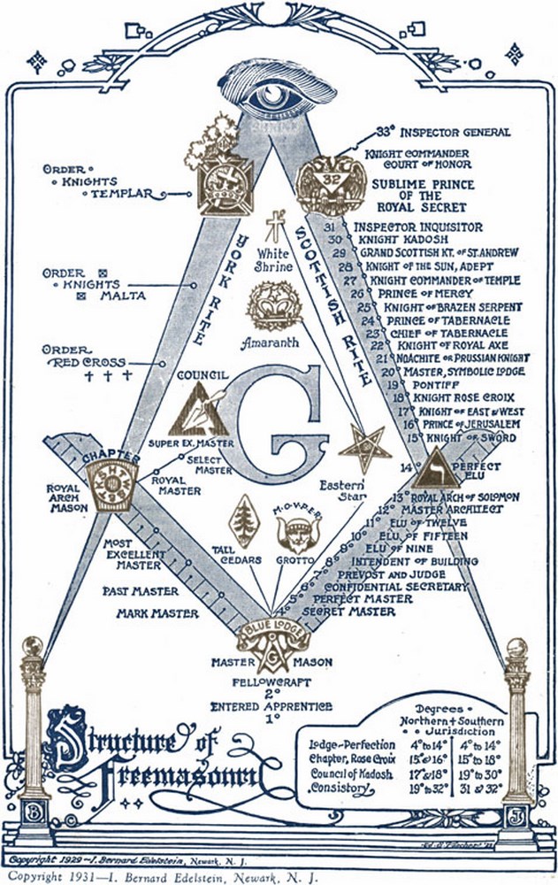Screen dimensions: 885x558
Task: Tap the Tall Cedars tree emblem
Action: [x=243, y=519]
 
